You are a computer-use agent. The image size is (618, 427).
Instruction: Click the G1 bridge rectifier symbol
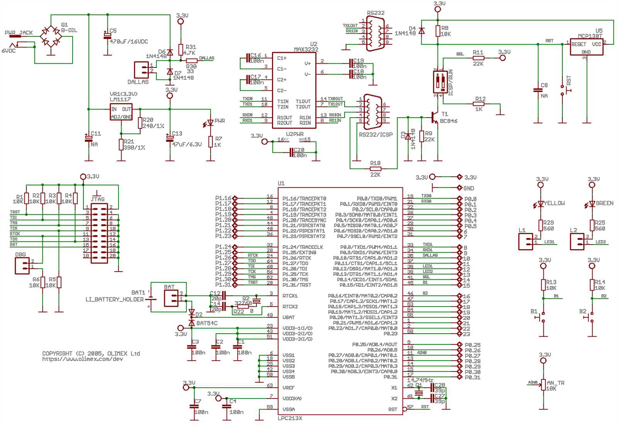coord(51,36)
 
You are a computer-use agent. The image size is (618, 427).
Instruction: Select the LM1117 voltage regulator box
coord(121,112)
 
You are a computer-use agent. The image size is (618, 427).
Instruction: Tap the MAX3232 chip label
coord(306,49)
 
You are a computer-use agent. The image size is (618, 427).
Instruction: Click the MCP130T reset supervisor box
coord(586,47)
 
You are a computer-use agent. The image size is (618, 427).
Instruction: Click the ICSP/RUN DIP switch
coord(440,82)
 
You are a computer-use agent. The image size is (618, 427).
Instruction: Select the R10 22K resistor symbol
coord(375,169)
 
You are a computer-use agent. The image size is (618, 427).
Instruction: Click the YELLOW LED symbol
coord(541,204)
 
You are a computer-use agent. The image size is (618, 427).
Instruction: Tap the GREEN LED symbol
coord(592,204)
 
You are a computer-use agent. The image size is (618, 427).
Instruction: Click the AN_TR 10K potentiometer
coord(543,385)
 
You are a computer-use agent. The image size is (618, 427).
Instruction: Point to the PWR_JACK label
coord(19,33)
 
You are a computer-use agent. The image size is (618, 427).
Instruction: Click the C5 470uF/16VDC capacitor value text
coord(129,42)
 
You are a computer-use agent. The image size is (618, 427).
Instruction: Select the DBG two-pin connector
coord(22,266)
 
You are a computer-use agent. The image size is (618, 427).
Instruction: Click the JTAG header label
coord(98,199)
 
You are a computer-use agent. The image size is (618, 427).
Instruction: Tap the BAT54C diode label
coord(207,323)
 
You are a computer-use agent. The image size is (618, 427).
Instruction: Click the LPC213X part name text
coord(290,418)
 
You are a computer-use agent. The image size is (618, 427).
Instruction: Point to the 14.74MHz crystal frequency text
coord(420,380)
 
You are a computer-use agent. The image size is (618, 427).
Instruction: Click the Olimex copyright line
coord(91,353)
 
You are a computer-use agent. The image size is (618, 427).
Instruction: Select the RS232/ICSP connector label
coord(375,135)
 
